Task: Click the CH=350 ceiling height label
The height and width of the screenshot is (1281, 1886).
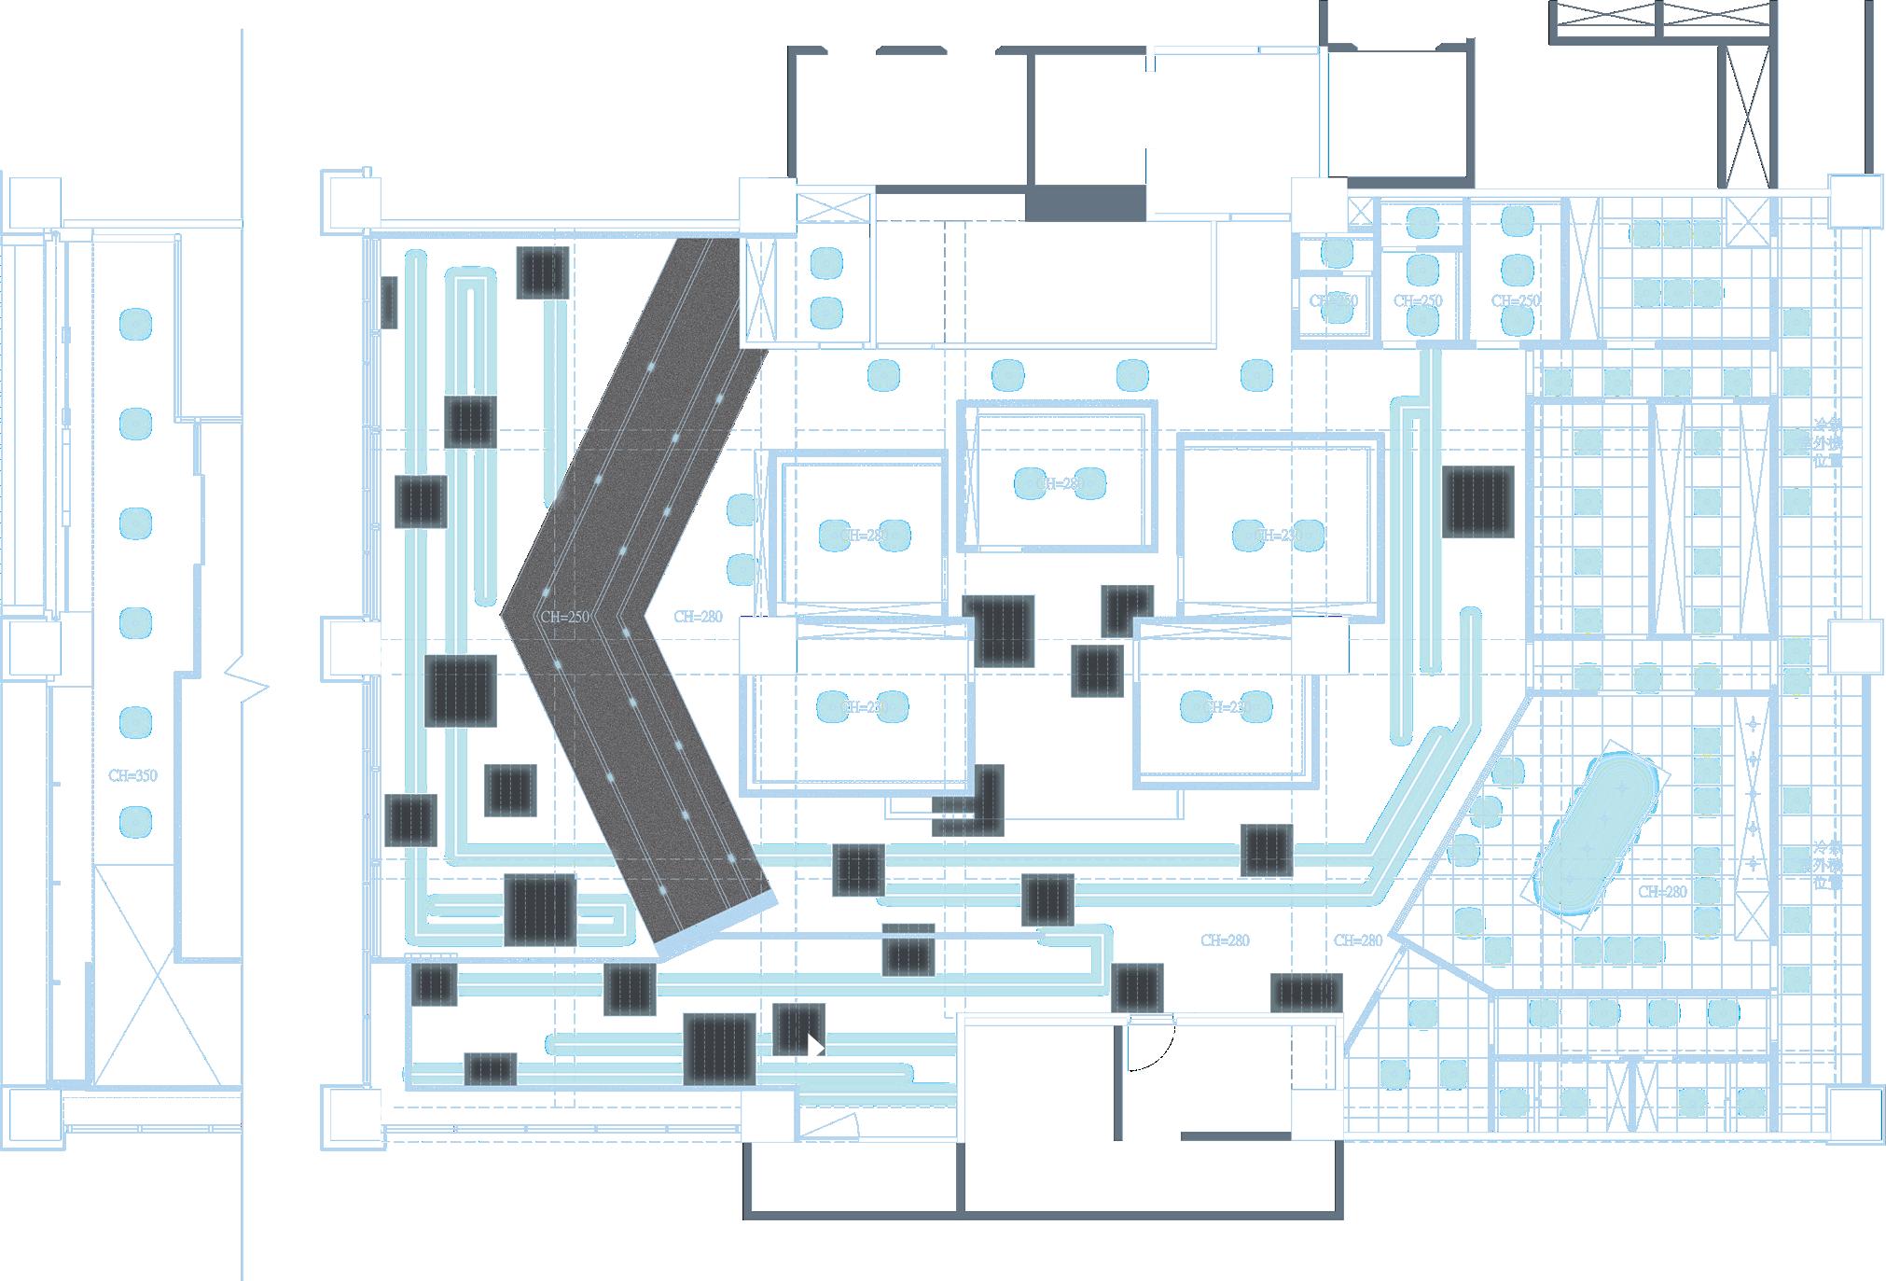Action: tap(132, 775)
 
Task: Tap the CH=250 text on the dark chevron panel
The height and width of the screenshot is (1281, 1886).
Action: tap(565, 617)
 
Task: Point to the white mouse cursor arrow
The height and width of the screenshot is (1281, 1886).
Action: tap(815, 1046)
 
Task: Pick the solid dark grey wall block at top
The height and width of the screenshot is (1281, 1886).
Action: tap(1085, 203)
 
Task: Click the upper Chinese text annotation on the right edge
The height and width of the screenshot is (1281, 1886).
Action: tap(1824, 443)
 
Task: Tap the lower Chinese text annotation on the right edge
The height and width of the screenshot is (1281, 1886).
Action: tap(1824, 866)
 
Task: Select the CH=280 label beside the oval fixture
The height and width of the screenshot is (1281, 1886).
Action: tap(1662, 892)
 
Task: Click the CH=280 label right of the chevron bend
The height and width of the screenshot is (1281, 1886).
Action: tap(697, 617)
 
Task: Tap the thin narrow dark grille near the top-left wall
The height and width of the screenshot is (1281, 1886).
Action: tap(389, 301)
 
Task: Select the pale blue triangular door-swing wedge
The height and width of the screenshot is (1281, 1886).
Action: tap(829, 1125)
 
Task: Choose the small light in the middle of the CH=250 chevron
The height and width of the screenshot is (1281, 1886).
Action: tap(626, 633)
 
